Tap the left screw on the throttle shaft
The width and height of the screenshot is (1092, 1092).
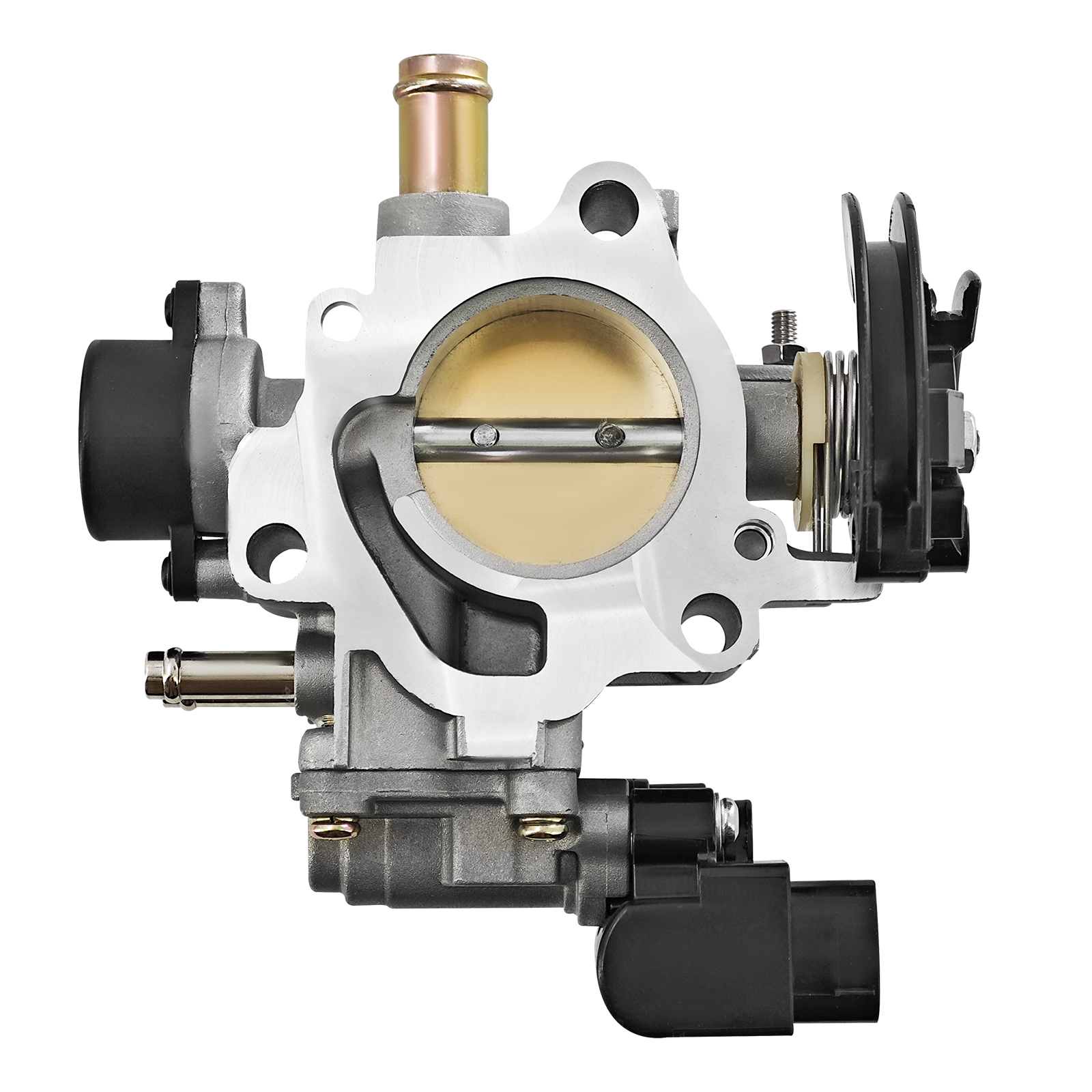click(483, 434)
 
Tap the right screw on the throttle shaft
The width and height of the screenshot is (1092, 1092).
click(604, 433)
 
